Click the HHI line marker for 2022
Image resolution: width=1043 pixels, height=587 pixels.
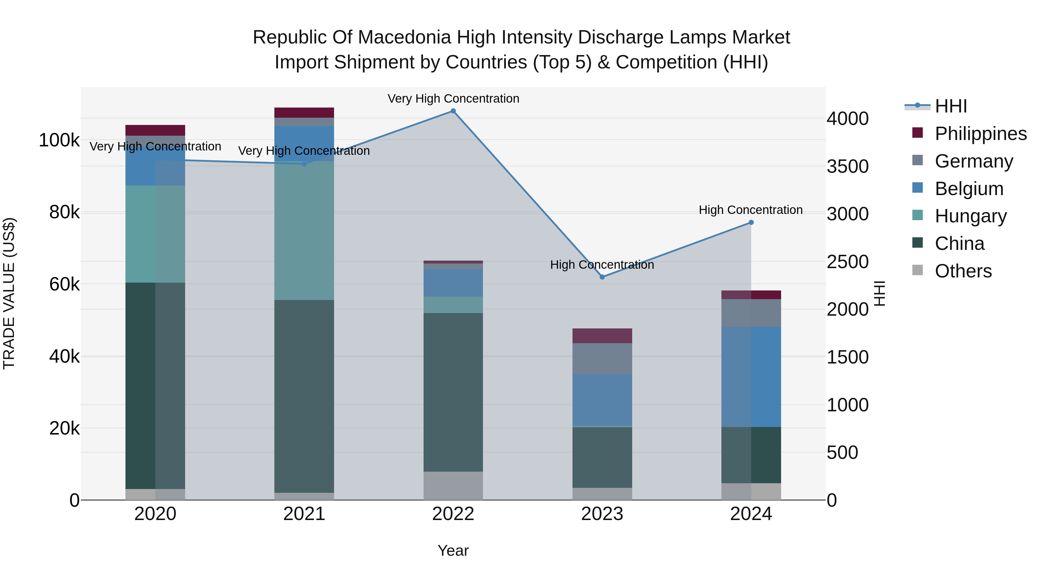[453, 111]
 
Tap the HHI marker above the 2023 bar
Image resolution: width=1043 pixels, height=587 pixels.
[602, 277]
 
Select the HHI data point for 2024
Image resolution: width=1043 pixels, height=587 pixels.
[751, 222]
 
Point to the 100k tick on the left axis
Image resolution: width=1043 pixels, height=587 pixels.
[59, 140]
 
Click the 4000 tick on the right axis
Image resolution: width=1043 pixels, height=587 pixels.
[847, 119]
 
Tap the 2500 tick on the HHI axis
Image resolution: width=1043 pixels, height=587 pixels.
[847, 262]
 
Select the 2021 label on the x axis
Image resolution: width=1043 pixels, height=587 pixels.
[304, 514]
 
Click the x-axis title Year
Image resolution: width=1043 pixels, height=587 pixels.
[453, 550]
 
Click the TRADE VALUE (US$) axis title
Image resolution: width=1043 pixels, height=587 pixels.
[9, 293]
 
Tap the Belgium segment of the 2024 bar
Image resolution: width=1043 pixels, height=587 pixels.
[751, 377]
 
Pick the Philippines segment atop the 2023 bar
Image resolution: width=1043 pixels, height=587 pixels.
[602, 336]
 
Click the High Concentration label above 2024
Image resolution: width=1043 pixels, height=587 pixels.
[751, 210]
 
